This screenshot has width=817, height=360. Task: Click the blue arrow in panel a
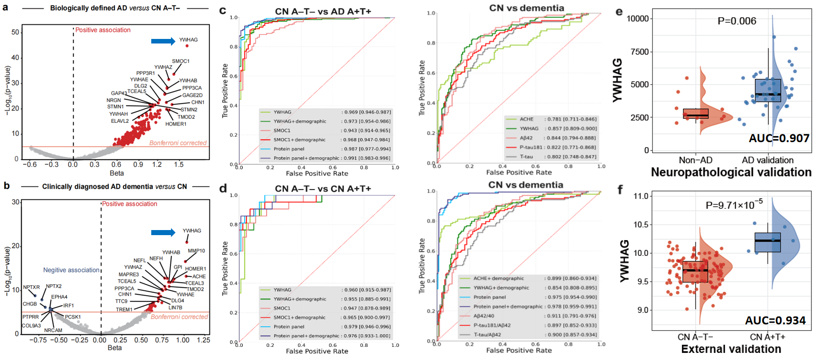point(163,41)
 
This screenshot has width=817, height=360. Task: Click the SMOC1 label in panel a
point(181,61)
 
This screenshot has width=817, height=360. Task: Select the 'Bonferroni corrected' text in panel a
point(178,143)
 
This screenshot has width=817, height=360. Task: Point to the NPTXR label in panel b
point(31,287)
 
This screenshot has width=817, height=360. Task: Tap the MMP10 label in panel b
point(196,251)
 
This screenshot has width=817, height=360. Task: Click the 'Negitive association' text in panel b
point(71,270)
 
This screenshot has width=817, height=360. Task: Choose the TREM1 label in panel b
point(124,309)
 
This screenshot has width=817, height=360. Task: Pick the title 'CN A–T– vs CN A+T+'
point(323,189)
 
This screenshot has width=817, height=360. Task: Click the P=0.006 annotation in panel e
point(737,21)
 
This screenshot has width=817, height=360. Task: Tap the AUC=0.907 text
point(779,138)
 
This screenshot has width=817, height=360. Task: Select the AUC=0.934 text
point(775,320)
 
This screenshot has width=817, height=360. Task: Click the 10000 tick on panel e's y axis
point(637,19)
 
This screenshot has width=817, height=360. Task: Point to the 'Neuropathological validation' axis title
point(731,172)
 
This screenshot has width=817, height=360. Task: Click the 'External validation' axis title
point(731,349)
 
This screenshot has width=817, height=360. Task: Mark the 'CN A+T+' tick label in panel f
point(767,337)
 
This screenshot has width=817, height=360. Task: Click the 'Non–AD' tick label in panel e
point(696,160)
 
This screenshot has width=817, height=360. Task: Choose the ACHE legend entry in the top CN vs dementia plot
point(527,119)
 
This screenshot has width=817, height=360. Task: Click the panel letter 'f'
point(620,190)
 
